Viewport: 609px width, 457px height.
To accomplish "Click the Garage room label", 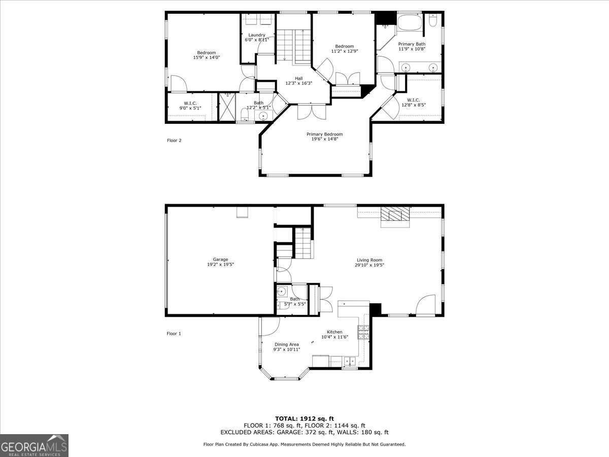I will tap(220, 259).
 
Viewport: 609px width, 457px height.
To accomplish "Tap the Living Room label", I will tap(369, 260).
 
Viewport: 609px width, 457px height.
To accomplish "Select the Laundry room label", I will tap(257, 35).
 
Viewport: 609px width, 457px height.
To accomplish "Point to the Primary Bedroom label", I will tap(324, 134).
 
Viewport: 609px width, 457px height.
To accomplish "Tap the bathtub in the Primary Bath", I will tap(409, 22).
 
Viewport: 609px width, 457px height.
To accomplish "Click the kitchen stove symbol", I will tap(363, 333).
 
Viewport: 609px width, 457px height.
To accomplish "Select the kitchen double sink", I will tap(349, 362).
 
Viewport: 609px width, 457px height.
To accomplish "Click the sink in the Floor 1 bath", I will tap(282, 291).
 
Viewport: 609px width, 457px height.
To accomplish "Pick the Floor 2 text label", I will tap(174, 141).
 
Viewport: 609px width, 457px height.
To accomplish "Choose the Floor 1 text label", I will tap(174, 334).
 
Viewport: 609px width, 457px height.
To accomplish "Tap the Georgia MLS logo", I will tap(34, 445).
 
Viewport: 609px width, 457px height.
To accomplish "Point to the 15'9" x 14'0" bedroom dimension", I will tap(206, 58).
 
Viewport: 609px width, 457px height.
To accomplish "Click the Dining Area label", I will tap(287, 344).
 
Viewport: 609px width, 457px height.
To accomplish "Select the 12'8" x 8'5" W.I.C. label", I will tap(414, 105).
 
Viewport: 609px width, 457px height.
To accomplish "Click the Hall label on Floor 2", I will tap(299, 78).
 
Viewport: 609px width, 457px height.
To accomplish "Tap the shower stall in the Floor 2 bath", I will tap(227, 107).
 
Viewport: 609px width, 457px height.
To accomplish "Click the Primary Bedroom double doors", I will tap(312, 111).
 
